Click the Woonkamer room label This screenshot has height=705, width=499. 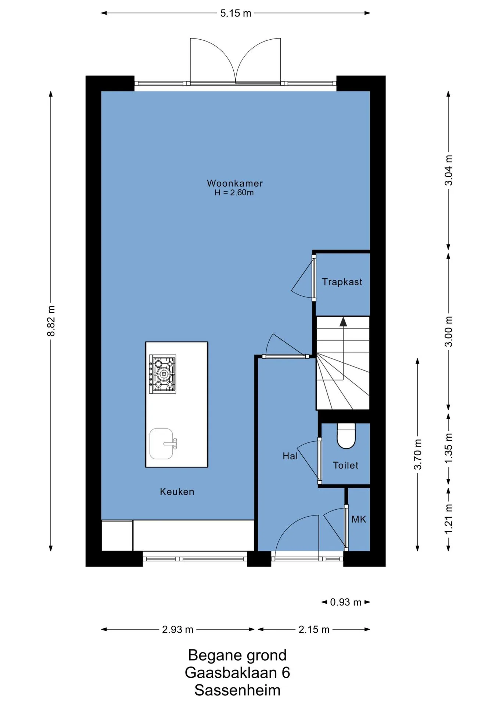[235, 183]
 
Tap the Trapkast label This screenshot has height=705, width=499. [342, 282]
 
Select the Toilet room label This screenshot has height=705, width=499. [345, 465]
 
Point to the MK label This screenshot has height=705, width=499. [359, 519]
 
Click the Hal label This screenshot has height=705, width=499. [290, 456]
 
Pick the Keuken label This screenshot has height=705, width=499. [177, 492]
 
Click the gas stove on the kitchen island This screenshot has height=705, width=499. [162, 374]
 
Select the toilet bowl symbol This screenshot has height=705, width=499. [346, 436]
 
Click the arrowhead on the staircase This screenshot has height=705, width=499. [343, 322]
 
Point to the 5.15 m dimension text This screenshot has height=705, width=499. [236, 13]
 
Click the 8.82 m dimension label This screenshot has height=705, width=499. [51, 321]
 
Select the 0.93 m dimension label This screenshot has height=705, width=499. [345, 602]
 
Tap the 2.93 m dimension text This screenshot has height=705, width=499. [177, 629]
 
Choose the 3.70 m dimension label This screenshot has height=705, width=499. [418, 454]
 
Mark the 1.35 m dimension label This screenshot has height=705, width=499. [449, 449]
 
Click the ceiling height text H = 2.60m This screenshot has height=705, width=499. [234, 193]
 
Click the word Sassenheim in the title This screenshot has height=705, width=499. [237, 690]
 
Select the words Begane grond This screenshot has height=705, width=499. [237, 655]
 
